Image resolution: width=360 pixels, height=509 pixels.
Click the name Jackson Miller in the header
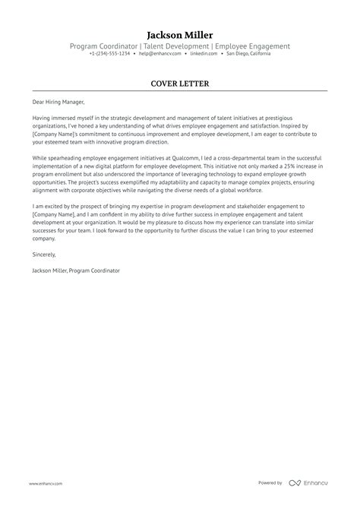[180, 35]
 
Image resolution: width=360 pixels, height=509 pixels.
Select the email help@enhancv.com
[159, 54]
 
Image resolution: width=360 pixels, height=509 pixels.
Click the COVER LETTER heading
[180, 83]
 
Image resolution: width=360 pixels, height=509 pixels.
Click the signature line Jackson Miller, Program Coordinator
[76, 270]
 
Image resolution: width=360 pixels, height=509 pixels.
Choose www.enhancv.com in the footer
[46, 483]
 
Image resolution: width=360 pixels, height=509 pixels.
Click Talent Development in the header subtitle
[174, 46]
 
